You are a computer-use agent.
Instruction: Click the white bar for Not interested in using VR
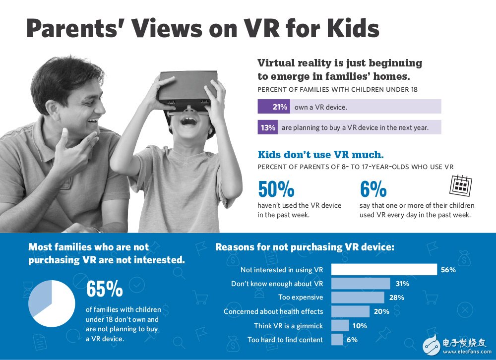(383, 270)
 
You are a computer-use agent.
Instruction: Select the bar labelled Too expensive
(357, 298)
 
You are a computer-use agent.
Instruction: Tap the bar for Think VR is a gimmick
(340, 326)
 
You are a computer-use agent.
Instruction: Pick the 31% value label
(402, 284)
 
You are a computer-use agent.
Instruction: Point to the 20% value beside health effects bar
(381, 311)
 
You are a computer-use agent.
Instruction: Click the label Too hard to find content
(285, 340)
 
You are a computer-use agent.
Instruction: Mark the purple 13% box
(268, 127)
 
